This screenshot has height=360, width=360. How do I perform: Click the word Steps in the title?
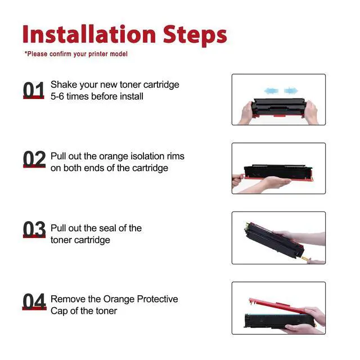tap(195, 35)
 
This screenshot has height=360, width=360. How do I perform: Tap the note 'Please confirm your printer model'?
tap(76, 54)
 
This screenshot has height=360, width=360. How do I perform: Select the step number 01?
tap(34, 90)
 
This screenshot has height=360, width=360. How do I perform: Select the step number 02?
tap(34, 159)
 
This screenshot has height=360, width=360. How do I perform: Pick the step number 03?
tap(34, 229)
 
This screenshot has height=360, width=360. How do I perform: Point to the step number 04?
tap(34, 301)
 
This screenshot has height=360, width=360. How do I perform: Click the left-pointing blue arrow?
tap(271, 91)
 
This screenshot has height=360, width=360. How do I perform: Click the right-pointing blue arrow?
tap(291, 91)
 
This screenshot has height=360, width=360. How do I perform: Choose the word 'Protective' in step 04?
tap(157, 299)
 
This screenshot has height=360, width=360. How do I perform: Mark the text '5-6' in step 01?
tap(57, 96)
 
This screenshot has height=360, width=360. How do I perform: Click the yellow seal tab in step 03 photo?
tap(305, 259)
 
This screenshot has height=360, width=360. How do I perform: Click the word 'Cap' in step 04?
tap(59, 311)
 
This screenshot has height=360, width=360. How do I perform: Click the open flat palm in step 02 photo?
tap(275, 182)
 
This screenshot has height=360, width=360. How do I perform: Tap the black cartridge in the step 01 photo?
tap(279, 107)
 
